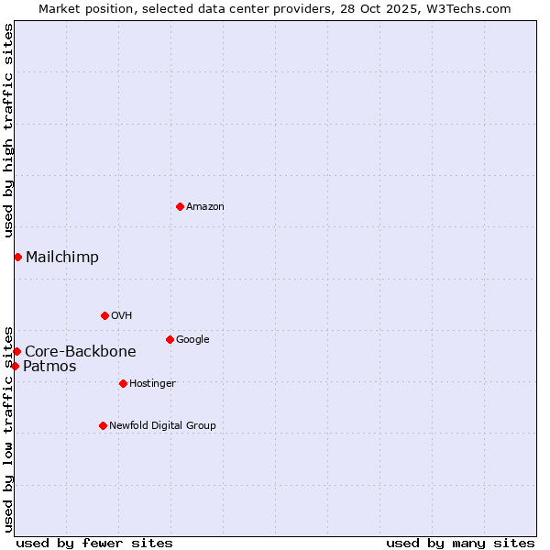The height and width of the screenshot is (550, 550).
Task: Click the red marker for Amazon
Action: [180, 206]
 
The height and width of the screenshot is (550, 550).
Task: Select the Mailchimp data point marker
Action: [17, 257]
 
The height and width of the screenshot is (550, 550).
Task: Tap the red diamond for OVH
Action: [104, 315]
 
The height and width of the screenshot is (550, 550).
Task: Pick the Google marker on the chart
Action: [170, 339]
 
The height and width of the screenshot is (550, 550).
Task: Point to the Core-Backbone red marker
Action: [16, 351]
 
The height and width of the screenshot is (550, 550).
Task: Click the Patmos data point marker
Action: [15, 366]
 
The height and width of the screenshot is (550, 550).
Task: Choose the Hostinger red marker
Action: [123, 383]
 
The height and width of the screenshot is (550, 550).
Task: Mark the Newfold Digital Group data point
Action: [103, 425]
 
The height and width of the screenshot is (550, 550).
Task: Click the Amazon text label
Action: [205, 207]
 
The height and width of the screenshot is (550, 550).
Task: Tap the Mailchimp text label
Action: [62, 258]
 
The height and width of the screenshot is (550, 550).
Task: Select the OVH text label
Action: [122, 316]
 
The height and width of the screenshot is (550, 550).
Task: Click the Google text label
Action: [192, 340]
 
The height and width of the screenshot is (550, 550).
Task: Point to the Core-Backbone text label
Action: [81, 352]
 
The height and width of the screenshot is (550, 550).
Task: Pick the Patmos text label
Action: [49, 367]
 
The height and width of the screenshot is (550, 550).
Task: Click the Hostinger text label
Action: [152, 384]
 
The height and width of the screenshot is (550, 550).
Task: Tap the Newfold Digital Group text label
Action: [162, 426]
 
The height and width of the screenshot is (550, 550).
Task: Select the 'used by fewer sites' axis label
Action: [94, 543]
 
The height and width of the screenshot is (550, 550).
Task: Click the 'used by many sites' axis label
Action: [460, 543]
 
